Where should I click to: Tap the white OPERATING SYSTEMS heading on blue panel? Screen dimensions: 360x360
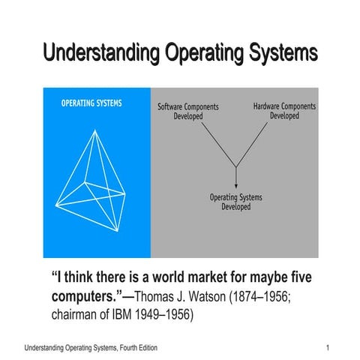pyautogui.click(x=91, y=103)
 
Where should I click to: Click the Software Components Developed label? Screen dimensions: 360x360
pyautogui.click(x=188, y=111)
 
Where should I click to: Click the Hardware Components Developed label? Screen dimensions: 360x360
pyautogui.click(x=284, y=111)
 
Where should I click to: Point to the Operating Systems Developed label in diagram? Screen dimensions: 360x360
pyautogui.click(x=236, y=202)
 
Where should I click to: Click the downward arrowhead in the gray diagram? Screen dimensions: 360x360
pyautogui.click(x=236, y=184)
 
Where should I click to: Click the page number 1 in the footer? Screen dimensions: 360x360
pyautogui.click(x=328, y=349)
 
